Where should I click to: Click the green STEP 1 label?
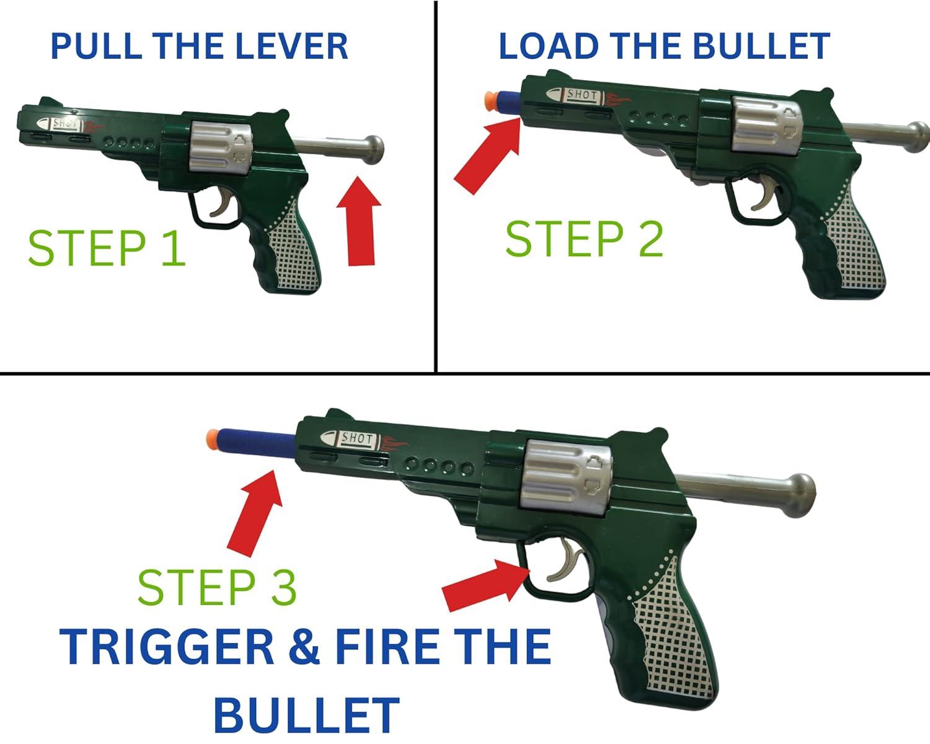(x=107, y=248)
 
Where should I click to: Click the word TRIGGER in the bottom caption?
(x=167, y=647)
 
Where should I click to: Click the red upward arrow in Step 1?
(x=360, y=223)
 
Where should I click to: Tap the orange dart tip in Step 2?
(x=490, y=99)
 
